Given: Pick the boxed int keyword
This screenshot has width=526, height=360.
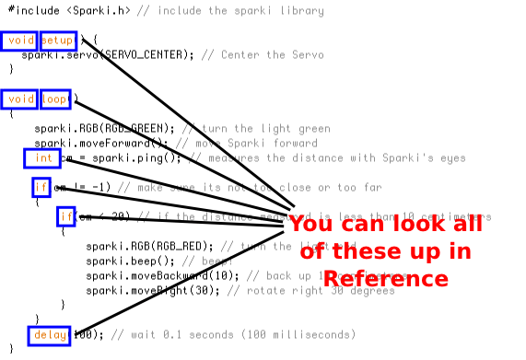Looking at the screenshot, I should (x=43, y=158).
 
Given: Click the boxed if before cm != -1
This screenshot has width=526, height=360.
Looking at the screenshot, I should (x=40, y=188).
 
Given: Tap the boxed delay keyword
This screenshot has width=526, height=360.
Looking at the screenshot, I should (x=50, y=335).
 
